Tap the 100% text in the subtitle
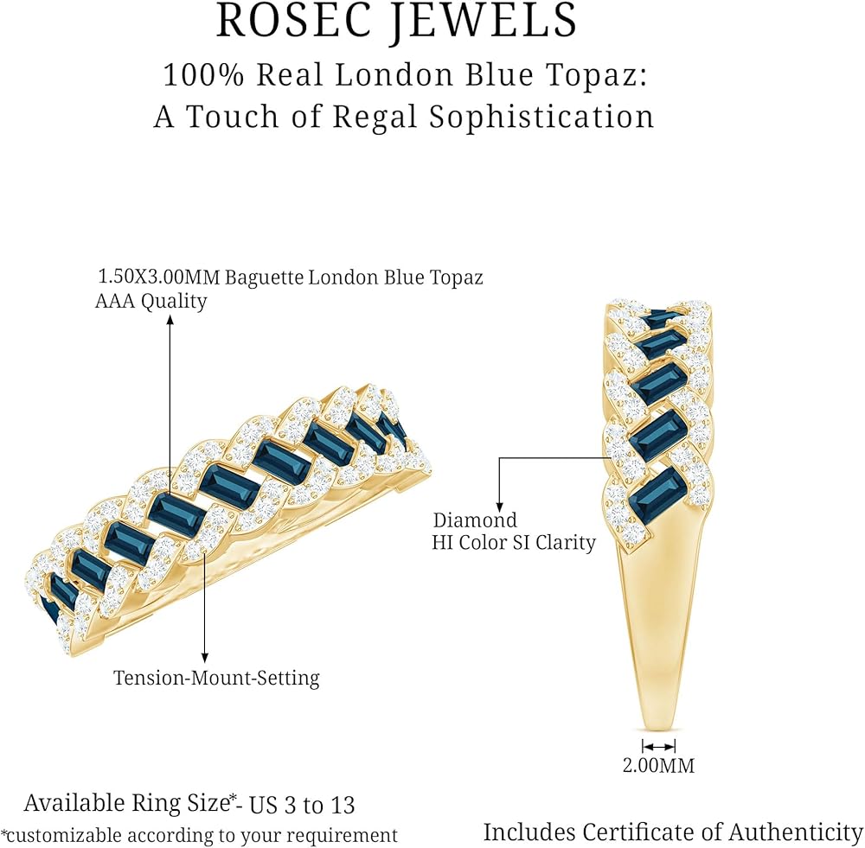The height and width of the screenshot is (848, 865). pos(203,74)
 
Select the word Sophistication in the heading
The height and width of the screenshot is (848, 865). pos(541,117)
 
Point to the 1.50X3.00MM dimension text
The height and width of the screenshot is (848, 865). pos(159,277)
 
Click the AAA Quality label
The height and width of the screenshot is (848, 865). pos(151,301)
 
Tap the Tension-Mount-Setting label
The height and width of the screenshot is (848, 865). pos(216,678)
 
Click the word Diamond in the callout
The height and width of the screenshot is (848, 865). pos(475,520)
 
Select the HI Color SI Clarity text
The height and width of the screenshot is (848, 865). pos(514,543)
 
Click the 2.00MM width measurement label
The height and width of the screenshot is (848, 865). pos(658,765)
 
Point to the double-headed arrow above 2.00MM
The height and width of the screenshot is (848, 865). pos(658,747)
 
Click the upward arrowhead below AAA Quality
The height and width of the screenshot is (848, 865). pos(170,320)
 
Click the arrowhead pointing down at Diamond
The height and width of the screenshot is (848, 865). pos(499,507)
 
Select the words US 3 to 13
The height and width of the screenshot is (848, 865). pos(302,806)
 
